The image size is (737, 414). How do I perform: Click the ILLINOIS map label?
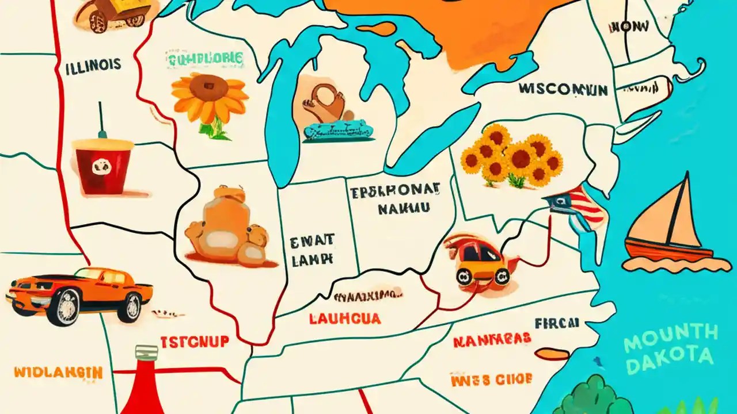93,65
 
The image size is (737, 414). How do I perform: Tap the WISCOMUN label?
563,89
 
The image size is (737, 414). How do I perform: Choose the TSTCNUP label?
194,342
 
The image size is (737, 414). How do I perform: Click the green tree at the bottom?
593,397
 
